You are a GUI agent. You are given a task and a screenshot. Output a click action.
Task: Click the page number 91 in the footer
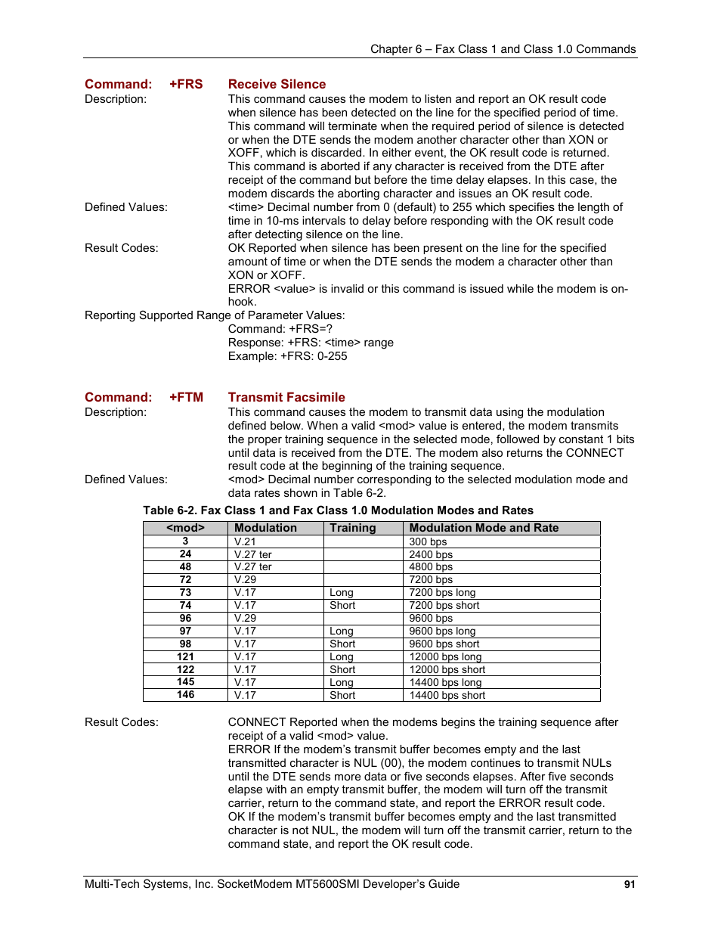pos(630,884)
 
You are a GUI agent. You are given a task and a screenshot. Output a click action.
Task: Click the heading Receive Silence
pos(277,84)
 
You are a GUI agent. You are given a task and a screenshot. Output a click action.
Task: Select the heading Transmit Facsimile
pos(286,397)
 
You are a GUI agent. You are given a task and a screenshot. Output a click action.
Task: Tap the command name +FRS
pos(186,84)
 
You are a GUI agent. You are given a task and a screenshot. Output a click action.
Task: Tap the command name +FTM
pos(186,397)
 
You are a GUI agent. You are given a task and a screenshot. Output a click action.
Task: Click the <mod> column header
pos(185,528)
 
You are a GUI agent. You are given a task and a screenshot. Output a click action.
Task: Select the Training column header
pos(352,528)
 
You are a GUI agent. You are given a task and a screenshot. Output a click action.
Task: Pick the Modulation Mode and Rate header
pos(484,528)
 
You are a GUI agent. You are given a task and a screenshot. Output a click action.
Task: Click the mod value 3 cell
pos(185,541)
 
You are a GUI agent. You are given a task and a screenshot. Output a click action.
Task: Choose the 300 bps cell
pos(428,541)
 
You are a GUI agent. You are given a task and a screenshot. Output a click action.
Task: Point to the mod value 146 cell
pos(185,695)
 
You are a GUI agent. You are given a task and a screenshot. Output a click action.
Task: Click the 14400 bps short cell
pos(447,695)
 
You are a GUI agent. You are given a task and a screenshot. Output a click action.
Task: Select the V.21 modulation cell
pos(245,541)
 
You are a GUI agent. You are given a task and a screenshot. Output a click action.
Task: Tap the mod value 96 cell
pos(185,618)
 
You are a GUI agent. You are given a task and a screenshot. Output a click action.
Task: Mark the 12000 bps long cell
pos(445,656)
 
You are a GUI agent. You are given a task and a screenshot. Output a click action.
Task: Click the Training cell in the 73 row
pos(342,593)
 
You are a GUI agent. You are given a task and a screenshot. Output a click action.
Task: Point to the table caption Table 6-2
pos(338,510)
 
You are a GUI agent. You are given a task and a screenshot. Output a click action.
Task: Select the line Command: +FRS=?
pos(280,329)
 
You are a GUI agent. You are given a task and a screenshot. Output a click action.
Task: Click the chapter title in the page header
pos(503,49)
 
